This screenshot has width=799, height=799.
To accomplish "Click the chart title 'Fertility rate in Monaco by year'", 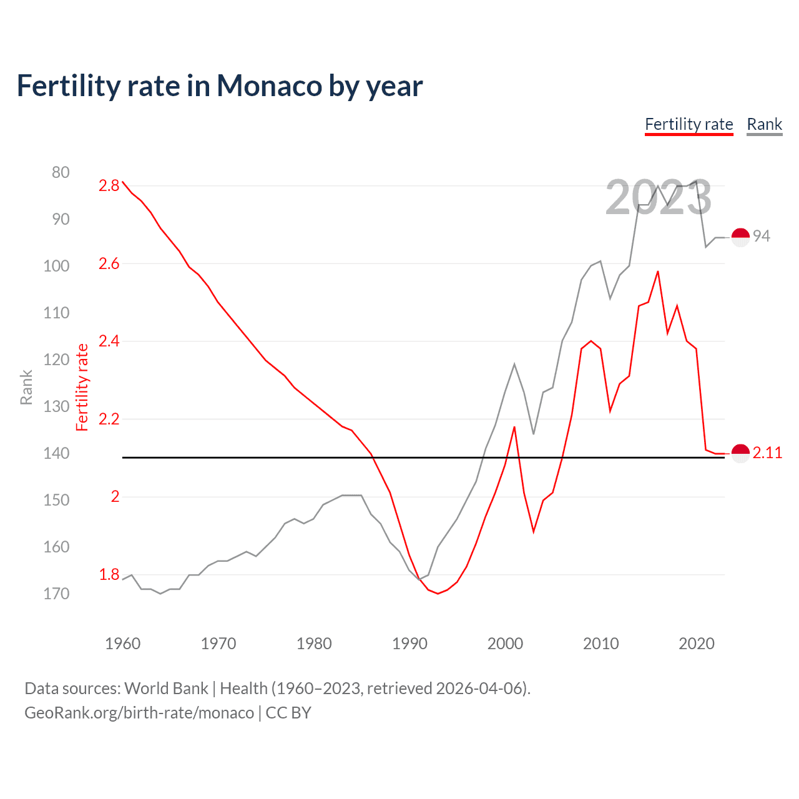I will [x=220, y=86].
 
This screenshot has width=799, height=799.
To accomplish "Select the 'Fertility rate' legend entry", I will [x=689, y=124].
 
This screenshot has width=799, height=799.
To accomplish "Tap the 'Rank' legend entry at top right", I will [x=764, y=124].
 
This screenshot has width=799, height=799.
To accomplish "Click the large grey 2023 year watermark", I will [x=658, y=197].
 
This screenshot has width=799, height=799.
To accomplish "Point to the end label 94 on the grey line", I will [x=761, y=236].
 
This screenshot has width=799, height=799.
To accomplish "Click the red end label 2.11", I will [x=767, y=453].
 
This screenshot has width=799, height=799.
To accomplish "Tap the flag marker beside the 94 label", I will [x=740, y=237].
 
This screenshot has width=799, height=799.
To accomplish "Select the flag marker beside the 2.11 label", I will [x=740, y=453].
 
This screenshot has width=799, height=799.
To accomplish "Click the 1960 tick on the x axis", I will [x=123, y=644].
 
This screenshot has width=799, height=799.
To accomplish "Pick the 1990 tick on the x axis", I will [x=409, y=644].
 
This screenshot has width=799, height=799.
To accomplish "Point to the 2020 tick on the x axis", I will [x=696, y=644].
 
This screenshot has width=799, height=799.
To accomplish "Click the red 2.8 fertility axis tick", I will [x=109, y=185].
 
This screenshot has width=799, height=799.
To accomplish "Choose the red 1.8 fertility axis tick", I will [x=109, y=574].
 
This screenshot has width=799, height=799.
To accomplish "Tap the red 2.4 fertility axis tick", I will [x=109, y=341].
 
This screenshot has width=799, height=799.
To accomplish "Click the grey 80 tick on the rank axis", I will [x=61, y=172].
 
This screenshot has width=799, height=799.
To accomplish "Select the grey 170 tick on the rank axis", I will [x=56, y=594].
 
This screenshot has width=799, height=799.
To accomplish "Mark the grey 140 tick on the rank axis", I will [x=56, y=453].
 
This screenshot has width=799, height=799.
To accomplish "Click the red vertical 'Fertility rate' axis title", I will [x=82, y=387].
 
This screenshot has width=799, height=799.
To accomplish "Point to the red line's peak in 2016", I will [x=658, y=272].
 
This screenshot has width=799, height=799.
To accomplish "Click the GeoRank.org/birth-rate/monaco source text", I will [x=139, y=713].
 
